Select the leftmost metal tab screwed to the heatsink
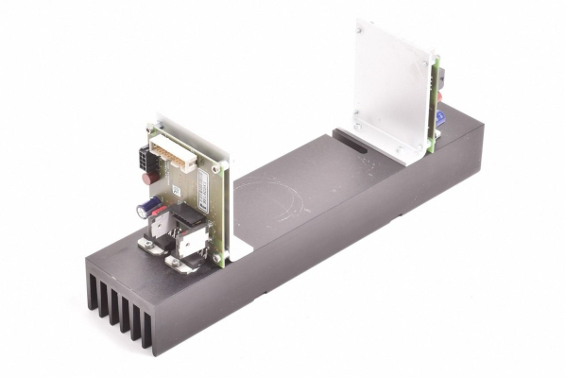coord(149,245)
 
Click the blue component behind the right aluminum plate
coord(439,117)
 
